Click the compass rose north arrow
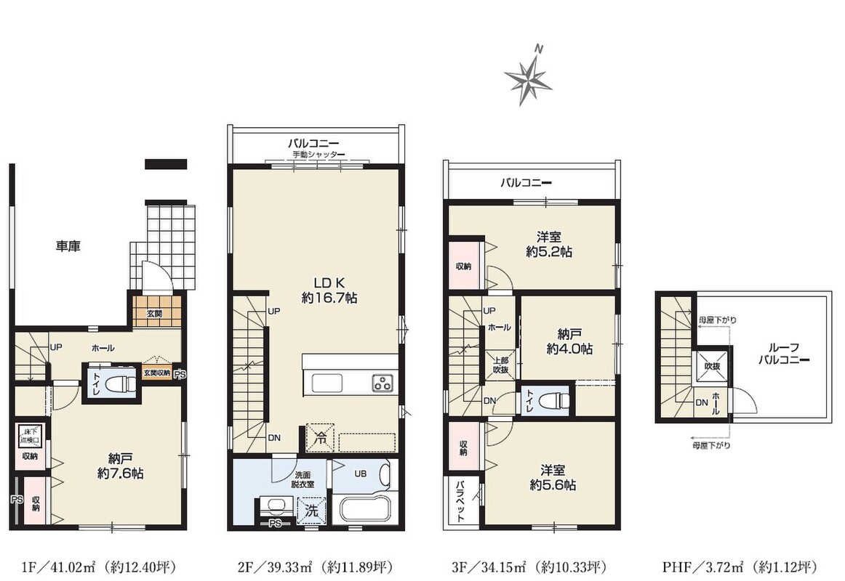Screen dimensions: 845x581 tap(528, 76)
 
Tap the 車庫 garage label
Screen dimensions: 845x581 tap(68, 246)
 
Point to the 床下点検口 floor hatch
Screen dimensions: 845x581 tap(30, 436)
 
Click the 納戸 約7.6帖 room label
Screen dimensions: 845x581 tap(120, 466)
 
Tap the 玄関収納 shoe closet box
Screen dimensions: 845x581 tap(157, 373)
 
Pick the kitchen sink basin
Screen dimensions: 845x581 tap(327, 383)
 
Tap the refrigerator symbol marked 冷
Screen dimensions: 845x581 tap(320, 437)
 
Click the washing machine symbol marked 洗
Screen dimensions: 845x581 tap(311, 510)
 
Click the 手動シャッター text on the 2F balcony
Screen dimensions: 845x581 tap(319, 155)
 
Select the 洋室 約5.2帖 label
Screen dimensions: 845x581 tap(549, 244)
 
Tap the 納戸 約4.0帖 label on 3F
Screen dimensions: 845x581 tap(569, 341)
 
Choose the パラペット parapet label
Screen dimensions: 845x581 tap(461, 501)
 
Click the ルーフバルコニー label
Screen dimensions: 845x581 tap(784, 354)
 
